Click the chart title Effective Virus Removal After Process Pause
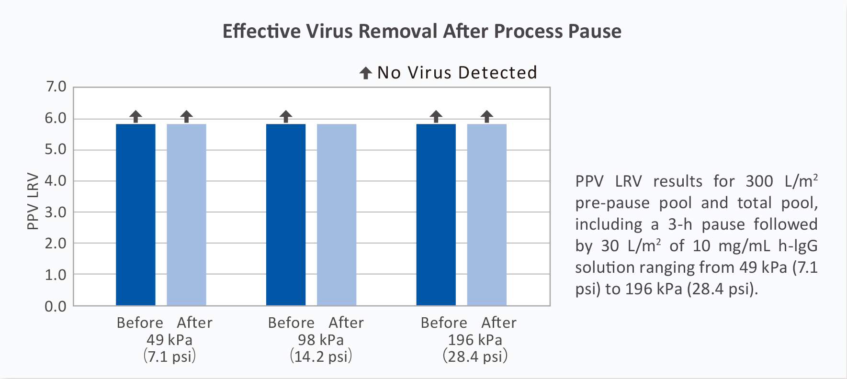[x=422, y=32]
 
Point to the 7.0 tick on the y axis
[x=56, y=87]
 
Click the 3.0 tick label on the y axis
[x=56, y=212]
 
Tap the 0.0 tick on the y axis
[x=56, y=306]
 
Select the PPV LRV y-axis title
[x=33, y=201]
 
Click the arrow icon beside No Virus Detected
[x=366, y=73]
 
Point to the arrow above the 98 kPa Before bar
[x=286, y=116]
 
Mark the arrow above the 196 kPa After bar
[x=486, y=116]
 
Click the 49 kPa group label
[x=169, y=340]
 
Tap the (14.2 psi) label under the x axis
[x=321, y=357]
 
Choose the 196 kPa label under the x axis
[x=475, y=340]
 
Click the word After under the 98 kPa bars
[x=346, y=323]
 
